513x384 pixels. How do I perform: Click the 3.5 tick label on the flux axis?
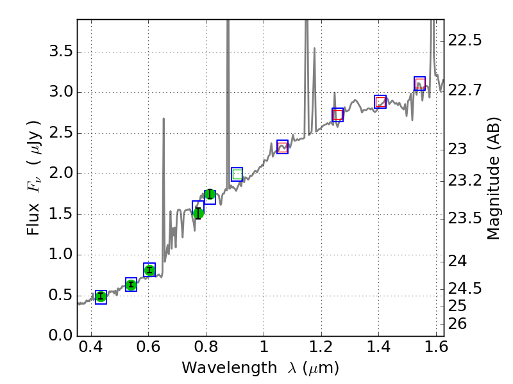55,52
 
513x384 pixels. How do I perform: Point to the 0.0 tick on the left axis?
55,336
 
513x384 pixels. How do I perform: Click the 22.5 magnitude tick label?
466,41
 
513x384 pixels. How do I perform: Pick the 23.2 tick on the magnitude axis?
466,180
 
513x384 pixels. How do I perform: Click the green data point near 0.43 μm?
101,296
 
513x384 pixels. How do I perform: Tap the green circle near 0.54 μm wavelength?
131,285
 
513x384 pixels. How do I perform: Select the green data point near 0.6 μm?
149,270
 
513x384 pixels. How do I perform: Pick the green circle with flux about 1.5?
198,213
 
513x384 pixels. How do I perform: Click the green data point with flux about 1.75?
210,195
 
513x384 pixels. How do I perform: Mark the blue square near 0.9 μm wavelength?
237,174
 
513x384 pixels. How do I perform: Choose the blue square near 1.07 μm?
282,147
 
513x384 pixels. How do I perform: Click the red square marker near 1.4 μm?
380,102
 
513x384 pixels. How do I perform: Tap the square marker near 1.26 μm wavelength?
338,115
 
